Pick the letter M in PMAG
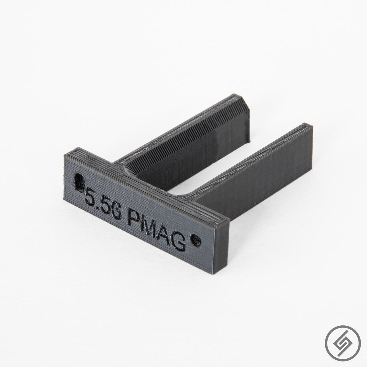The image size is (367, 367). click(151, 222)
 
